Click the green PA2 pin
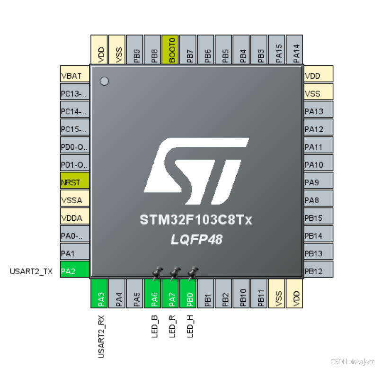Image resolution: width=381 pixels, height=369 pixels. (x=74, y=271)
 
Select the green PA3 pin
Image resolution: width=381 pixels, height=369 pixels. (x=100, y=294)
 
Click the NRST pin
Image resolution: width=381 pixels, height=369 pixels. (x=74, y=182)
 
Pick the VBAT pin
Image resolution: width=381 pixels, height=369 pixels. (x=74, y=76)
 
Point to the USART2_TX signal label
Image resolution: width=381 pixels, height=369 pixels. (x=31, y=271)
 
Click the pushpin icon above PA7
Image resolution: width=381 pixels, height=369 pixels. (x=175, y=272)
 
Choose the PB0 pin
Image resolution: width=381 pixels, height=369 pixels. (x=189, y=294)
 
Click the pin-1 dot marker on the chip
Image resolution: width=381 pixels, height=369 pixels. (x=104, y=81)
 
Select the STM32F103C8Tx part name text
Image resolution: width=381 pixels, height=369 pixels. (x=196, y=220)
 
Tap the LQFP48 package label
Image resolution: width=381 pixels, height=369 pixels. (x=196, y=240)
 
